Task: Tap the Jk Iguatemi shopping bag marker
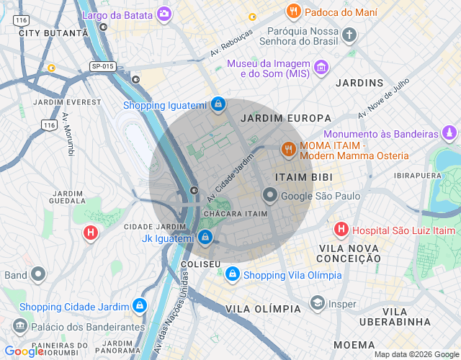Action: click(x=205, y=237)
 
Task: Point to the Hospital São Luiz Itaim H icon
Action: click(x=341, y=230)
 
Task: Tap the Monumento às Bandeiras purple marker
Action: click(x=449, y=133)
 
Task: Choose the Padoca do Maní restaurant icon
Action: click(x=293, y=12)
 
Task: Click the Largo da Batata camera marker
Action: click(x=165, y=13)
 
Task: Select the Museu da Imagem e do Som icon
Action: click(x=321, y=69)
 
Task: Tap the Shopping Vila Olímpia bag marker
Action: click(x=232, y=274)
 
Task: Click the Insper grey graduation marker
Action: click(x=317, y=304)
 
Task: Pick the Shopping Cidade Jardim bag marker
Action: click(x=140, y=306)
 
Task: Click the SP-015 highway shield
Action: click(x=103, y=66)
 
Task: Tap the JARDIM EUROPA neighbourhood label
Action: click(x=286, y=118)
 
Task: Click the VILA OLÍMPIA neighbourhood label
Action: click(x=263, y=309)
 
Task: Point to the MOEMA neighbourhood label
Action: click(x=354, y=345)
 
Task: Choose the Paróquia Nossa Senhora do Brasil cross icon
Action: click(x=349, y=35)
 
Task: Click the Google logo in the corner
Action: click(x=24, y=351)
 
